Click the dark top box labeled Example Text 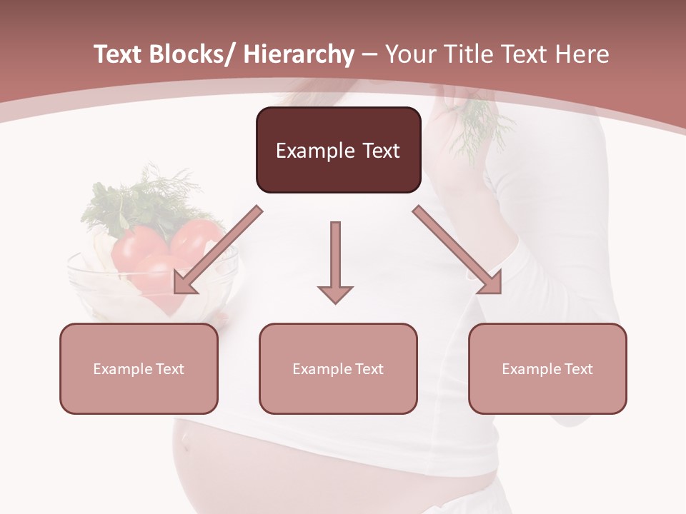pos(338,150)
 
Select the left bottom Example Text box pos(139,368)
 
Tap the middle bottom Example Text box pos(338,368)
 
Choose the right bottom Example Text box pos(547,368)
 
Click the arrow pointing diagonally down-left pos(217,250)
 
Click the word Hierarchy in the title pos(299,54)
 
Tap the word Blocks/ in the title pos(190,54)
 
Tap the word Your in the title pos(408,54)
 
